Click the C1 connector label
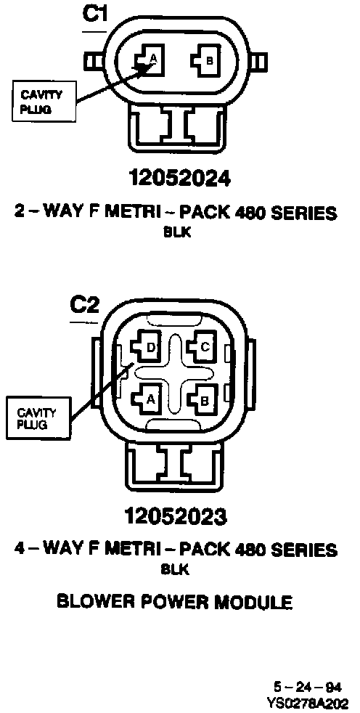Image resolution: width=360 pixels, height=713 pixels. [94, 15]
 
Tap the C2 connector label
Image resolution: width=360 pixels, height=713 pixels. [84, 306]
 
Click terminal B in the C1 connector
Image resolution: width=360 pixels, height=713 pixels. [205, 60]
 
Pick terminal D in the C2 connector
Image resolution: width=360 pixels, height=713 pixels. [146, 347]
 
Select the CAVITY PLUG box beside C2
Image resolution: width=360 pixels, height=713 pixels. [38, 418]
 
